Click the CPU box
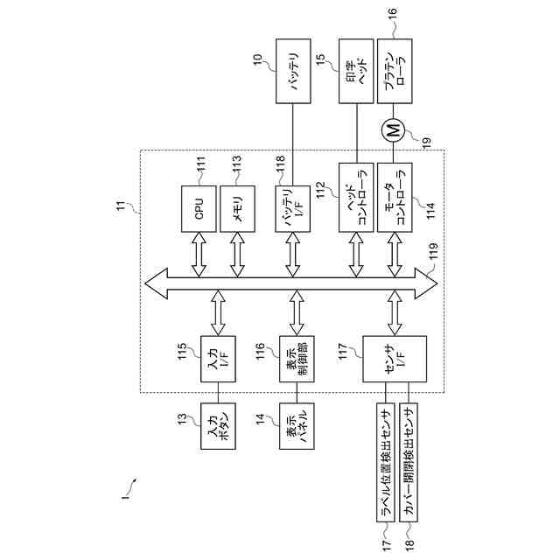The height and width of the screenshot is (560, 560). click(x=199, y=208)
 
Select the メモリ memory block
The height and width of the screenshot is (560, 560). click(x=238, y=208)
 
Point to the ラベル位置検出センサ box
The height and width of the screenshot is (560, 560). click(x=385, y=463)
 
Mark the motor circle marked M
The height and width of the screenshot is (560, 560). click(x=393, y=132)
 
